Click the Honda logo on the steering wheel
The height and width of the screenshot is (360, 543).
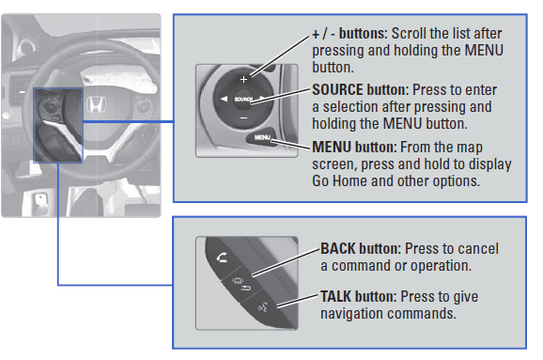pyautogui.click(x=96, y=104)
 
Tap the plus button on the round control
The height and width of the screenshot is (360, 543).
pyautogui.click(x=244, y=79)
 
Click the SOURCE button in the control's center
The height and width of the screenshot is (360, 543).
pyautogui.click(x=243, y=100)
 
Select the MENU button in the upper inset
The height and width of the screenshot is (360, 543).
pyautogui.click(x=262, y=137)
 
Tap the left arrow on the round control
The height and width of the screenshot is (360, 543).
pyautogui.click(x=224, y=99)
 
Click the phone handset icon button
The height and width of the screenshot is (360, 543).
pyautogui.click(x=222, y=258)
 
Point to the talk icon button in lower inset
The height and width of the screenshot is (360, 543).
pyautogui.click(x=263, y=306)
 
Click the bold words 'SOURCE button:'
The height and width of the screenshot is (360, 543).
pyautogui.click(x=361, y=89)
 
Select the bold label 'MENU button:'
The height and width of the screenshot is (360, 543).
pyautogui.click(x=354, y=147)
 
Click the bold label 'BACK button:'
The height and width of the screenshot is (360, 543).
pyautogui.click(x=361, y=248)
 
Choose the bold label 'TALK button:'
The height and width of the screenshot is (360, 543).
pyautogui.click(x=359, y=297)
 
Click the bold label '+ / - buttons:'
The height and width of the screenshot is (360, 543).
pyautogui.click(x=349, y=34)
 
